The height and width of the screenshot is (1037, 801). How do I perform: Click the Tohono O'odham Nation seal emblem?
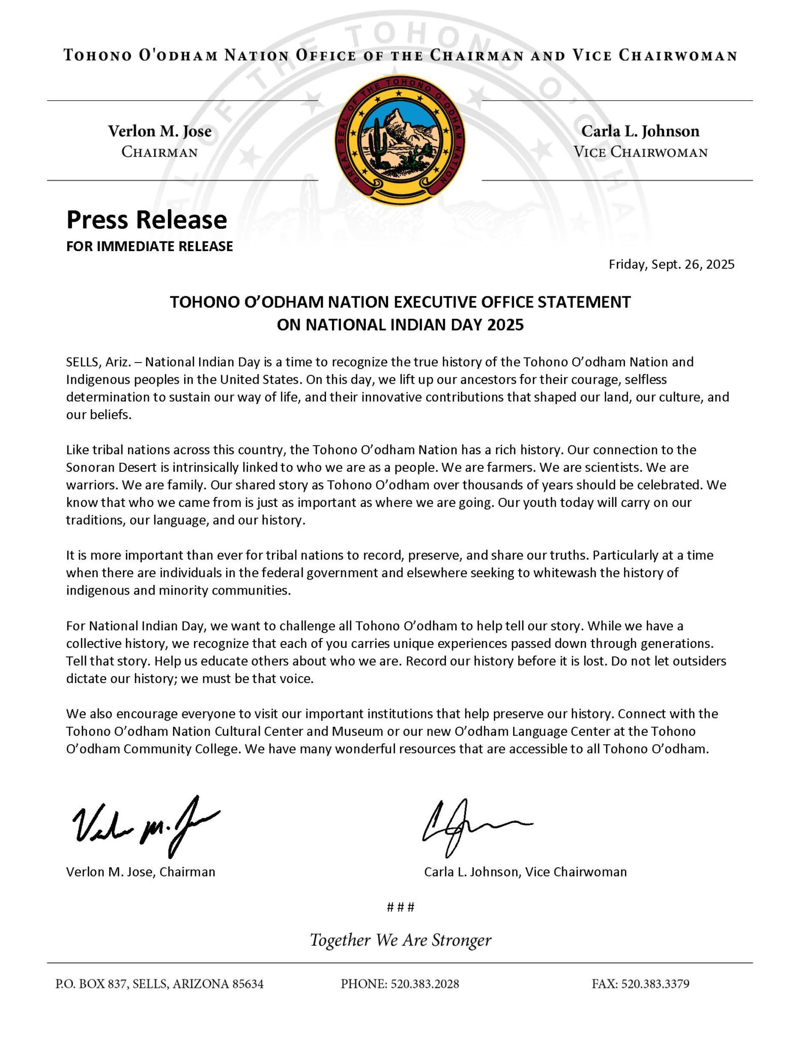(400, 140)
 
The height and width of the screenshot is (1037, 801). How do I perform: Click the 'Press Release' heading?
(147, 220)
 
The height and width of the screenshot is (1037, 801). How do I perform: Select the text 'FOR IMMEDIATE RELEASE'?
(150, 246)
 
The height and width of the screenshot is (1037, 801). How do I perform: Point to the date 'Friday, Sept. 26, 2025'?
(671, 264)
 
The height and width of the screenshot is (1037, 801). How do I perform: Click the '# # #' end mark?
(400, 907)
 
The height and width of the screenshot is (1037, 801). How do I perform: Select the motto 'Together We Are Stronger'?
(400, 940)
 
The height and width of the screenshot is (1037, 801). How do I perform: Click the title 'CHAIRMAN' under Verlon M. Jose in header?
(159, 152)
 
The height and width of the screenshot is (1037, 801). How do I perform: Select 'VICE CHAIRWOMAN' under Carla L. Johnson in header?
(640, 152)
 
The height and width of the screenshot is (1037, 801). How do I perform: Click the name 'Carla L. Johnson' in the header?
(640, 131)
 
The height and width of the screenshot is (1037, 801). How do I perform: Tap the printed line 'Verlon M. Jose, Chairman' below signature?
(141, 872)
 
